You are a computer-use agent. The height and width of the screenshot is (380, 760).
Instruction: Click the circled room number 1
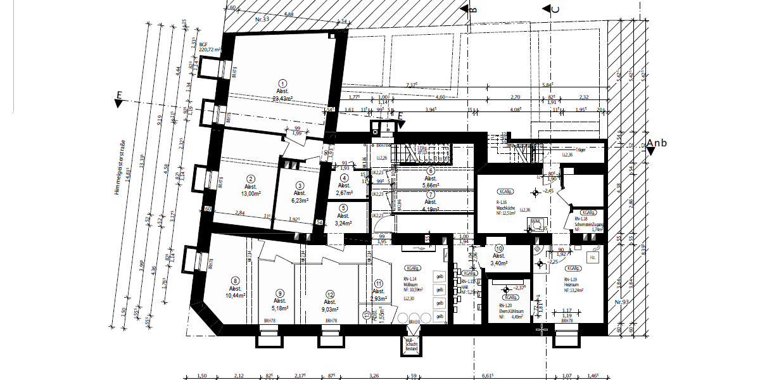pyautogui.click(x=283, y=82)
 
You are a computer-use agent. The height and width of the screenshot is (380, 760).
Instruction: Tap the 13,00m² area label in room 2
pyautogui.click(x=251, y=196)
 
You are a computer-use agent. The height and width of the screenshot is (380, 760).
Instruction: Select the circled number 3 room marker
pyautogui.click(x=300, y=186)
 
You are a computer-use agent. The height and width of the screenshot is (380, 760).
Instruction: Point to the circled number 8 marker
pyautogui.click(x=236, y=281)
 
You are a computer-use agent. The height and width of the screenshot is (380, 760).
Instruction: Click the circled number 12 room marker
pyautogui.click(x=330, y=294)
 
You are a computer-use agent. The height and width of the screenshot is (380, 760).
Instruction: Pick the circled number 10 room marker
pyautogui.click(x=499, y=248)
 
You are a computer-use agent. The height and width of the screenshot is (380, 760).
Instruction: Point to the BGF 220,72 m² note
pyautogui.click(x=210, y=46)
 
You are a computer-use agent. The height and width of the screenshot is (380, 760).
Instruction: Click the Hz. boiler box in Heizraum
pyautogui.click(x=593, y=258)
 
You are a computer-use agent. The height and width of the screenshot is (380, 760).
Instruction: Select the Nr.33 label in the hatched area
pyautogui.click(x=262, y=20)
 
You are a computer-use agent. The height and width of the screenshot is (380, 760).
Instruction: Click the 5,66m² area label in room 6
pyautogui.click(x=431, y=186)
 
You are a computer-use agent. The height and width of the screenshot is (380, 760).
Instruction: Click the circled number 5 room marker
pyautogui.click(x=343, y=207)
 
